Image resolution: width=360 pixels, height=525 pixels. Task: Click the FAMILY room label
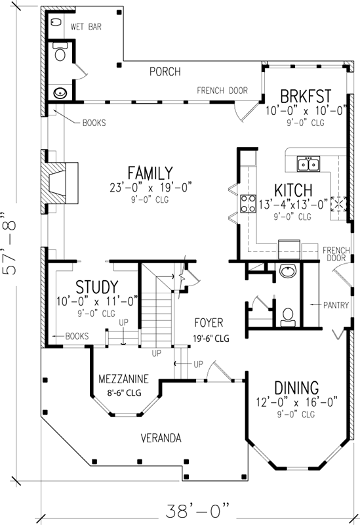(x=150, y=173)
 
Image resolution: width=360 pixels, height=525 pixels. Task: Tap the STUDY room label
(x=97, y=287)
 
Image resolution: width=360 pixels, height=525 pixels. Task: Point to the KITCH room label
(x=292, y=190)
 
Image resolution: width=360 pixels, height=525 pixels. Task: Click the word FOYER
(x=209, y=323)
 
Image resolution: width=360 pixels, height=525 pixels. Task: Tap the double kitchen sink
(x=308, y=163)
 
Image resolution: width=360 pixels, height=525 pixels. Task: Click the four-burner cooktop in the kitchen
(x=249, y=204)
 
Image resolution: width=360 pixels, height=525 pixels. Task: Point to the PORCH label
(x=165, y=72)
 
